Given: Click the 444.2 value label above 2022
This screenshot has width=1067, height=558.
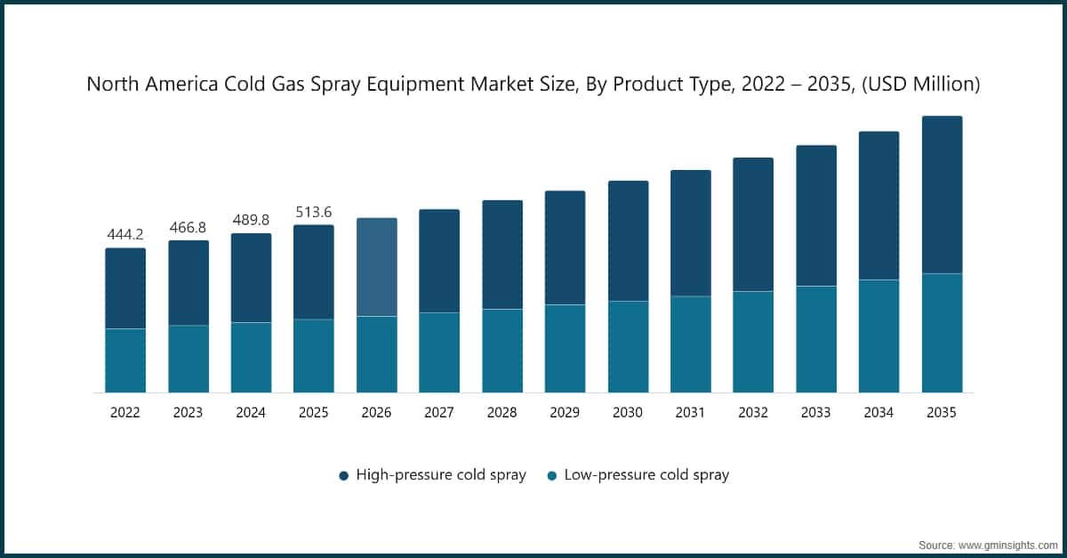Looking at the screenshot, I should pyautogui.click(x=125, y=235).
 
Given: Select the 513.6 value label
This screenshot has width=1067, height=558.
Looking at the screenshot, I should pyautogui.click(x=314, y=212).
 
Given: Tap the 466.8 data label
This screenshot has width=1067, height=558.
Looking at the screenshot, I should pyautogui.click(x=189, y=228).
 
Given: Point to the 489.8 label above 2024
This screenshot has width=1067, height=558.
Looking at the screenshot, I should pyautogui.click(x=251, y=221).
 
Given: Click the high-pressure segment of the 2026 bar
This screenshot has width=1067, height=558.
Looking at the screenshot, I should pyautogui.click(x=377, y=267).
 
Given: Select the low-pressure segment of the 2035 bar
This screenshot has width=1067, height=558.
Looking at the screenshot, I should pyautogui.click(x=942, y=333).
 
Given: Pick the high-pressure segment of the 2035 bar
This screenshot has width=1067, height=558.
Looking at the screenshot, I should pyautogui.click(x=942, y=195).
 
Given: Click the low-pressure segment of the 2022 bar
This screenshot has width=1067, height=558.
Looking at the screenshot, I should pyautogui.click(x=125, y=360).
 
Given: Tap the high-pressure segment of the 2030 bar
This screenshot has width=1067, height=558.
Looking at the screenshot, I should pyautogui.click(x=628, y=241).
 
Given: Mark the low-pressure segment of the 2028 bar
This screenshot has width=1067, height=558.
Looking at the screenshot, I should pyautogui.click(x=502, y=351).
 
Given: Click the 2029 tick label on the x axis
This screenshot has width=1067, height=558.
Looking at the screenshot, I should pyautogui.click(x=565, y=413).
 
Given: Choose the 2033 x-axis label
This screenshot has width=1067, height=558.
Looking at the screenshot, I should pyautogui.click(x=815, y=413).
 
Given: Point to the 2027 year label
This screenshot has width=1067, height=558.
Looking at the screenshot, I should pyautogui.click(x=439, y=413).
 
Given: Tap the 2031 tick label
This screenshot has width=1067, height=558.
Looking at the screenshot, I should pyautogui.click(x=690, y=413).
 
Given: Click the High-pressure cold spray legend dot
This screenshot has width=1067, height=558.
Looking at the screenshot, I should pyautogui.click(x=344, y=475).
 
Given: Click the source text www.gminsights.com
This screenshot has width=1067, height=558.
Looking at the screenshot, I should pyautogui.click(x=1007, y=543).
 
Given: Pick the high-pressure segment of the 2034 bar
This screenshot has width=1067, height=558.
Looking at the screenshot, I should pyautogui.click(x=878, y=206).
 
